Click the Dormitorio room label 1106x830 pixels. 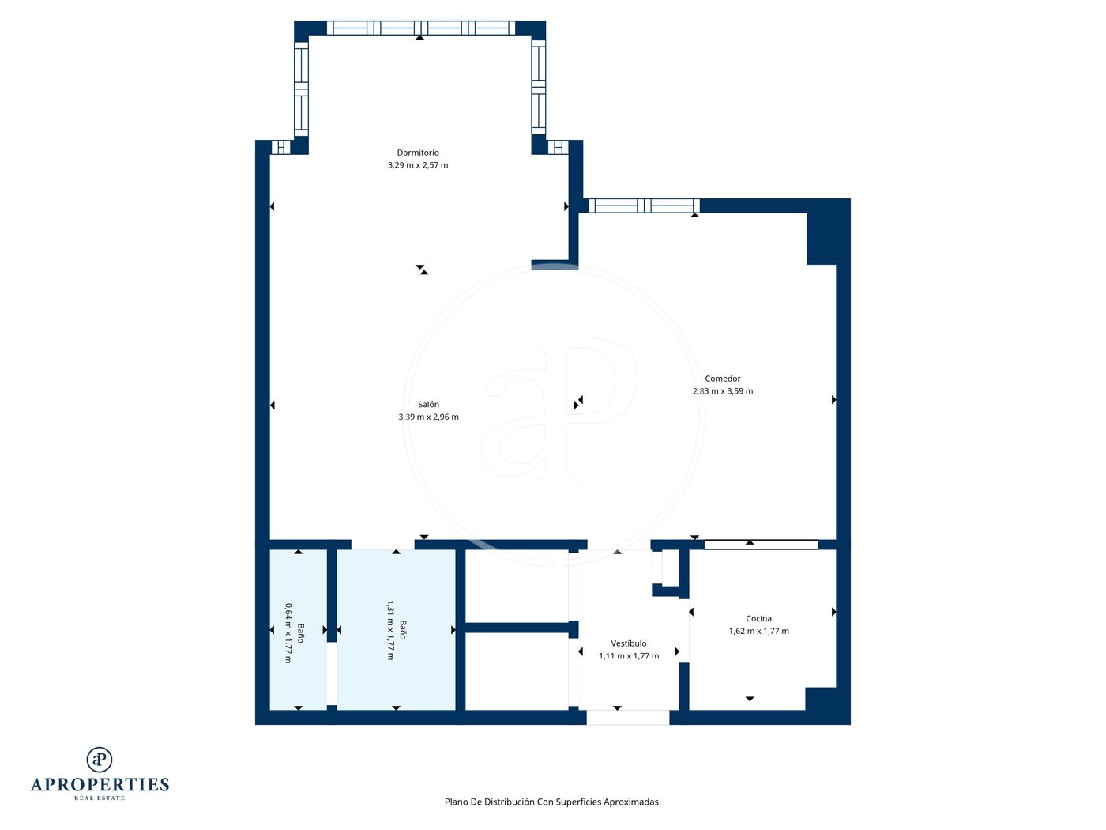418,153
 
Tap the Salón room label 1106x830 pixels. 428,404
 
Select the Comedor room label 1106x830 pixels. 723,379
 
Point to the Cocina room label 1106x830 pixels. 758,618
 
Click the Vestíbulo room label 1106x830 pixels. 628,643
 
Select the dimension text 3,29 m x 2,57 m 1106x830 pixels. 418,165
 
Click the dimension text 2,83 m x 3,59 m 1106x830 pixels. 723,391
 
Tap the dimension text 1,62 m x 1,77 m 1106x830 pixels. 759,631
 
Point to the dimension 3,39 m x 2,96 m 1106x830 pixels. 428,417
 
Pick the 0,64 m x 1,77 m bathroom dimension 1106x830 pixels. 288,633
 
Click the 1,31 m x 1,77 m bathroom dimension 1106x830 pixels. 390,630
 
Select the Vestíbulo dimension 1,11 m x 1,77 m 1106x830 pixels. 629,656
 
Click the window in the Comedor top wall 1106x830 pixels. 644,206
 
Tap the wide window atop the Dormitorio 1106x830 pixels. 421,28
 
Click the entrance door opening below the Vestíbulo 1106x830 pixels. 628,718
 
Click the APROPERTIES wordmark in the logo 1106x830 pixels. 100,785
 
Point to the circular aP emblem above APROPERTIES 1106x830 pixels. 100,760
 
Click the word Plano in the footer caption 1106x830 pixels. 457,802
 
